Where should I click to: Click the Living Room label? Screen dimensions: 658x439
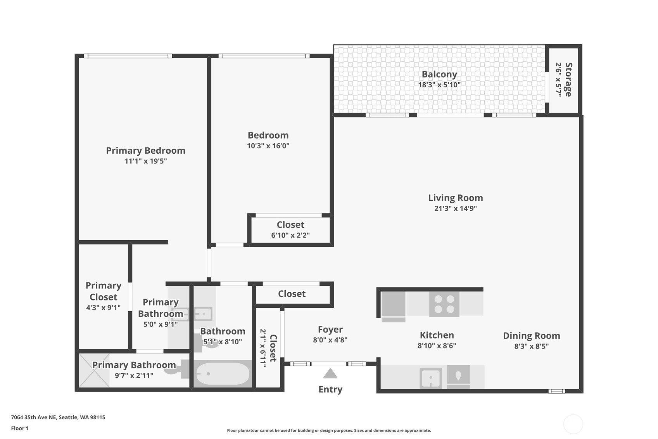pos(455,198)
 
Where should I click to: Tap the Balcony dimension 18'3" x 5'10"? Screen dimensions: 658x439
pos(439,85)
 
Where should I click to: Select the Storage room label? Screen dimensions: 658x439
pos(569,80)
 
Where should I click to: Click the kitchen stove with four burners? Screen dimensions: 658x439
pos(444,304)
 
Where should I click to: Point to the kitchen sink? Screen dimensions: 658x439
pos(430,378)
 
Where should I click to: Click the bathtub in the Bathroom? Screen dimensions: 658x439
pos(223,374)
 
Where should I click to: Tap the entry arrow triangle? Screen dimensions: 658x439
pos(330,373)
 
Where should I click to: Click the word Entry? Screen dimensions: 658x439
pos(330,389)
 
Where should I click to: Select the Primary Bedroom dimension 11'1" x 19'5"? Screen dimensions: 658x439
pos(146,161)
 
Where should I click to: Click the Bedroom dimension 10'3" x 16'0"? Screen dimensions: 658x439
pos(268,146)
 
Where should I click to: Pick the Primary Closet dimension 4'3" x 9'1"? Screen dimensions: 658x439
pos(104,308)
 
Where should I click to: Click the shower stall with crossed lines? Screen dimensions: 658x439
pos(94,370)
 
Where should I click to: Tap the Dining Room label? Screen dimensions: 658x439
pos(531,336)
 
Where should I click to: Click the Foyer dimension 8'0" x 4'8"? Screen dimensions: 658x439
pos(330,340)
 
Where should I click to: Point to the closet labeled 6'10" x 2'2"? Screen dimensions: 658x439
pos(290,230)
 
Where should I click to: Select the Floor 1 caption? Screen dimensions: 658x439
pos(20,429)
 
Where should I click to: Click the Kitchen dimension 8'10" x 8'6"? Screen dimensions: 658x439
pos(437,346)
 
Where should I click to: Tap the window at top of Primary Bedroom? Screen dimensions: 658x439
pos(128,56)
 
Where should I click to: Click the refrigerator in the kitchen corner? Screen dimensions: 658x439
pos(393,306)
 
